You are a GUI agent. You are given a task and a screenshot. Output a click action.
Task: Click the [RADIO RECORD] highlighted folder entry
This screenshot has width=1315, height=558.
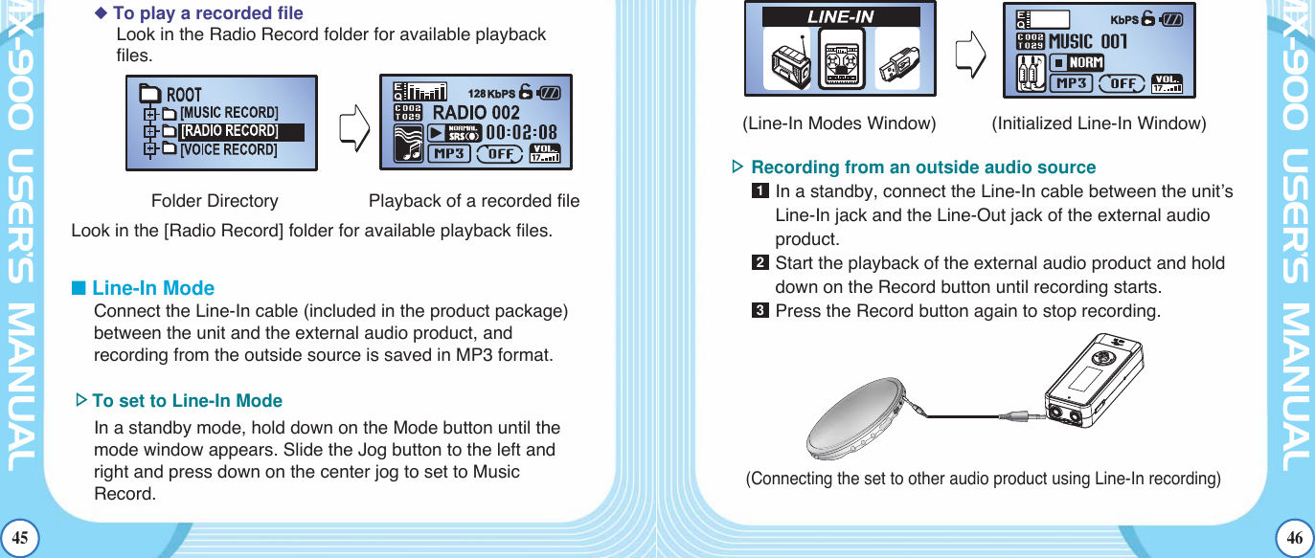tap(230, 131)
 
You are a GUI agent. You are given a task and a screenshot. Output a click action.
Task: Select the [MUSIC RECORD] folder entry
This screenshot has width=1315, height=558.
tap(229, 113)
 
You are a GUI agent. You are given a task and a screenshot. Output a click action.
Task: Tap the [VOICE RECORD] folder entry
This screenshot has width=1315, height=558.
tap(229, 149)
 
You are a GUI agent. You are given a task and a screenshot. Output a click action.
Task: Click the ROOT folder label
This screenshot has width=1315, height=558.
tap(184, 94)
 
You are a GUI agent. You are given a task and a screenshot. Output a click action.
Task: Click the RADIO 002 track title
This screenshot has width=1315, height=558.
tap(476, 112)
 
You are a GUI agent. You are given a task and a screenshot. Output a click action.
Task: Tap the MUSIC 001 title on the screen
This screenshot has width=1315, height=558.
tap(1088, 41)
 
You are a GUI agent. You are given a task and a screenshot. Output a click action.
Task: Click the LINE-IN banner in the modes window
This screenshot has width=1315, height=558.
tap(840, 16)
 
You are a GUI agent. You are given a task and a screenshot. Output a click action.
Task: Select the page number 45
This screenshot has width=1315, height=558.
tap(19, 539)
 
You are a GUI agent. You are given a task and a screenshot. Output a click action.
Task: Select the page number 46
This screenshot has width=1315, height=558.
tap(1295, 539)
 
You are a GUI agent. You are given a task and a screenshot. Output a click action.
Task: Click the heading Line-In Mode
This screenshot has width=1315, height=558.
tap(152, 288)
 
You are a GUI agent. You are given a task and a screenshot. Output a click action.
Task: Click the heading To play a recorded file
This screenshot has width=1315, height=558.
tap(207, 13)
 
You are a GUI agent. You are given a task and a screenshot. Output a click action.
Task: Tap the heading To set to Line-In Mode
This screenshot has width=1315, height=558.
tap(187, 401)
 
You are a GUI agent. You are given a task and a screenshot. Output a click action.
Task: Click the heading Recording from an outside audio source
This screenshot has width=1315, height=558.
tap(923, 167)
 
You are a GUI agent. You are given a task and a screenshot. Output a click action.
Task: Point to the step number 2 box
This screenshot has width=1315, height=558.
tap(760, 263)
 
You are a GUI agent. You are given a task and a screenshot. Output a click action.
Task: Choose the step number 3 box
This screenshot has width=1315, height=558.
tap(760, 311)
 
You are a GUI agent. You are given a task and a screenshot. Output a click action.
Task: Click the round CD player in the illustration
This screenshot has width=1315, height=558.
tap(856, 418)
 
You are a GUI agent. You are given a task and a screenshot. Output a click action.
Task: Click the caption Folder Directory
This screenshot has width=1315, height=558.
tap(215, 201)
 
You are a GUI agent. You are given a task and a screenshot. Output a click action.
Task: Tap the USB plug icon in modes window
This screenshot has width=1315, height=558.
tap(897, 57)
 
